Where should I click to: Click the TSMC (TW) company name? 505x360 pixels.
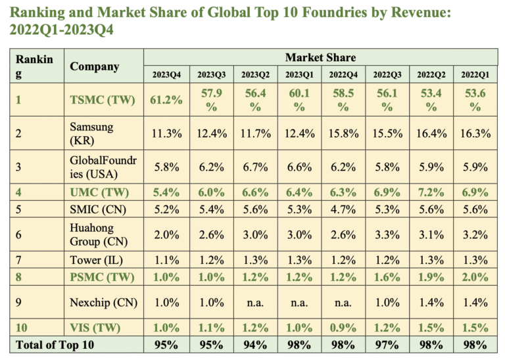(103, 101)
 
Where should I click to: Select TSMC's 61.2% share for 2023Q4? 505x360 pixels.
(166, 101)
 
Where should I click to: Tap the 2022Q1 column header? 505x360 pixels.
(474, 74)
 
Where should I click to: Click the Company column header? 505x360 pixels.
(94, 66)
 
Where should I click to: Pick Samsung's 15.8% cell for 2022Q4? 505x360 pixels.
(343, 133)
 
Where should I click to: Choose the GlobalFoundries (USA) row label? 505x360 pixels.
(103, 167)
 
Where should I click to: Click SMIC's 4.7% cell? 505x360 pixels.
(343, 211)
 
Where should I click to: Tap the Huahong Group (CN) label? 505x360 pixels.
(96, 234)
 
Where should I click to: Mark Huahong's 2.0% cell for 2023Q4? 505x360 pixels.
(166, 235)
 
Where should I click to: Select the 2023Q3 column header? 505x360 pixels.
(210, 74)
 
